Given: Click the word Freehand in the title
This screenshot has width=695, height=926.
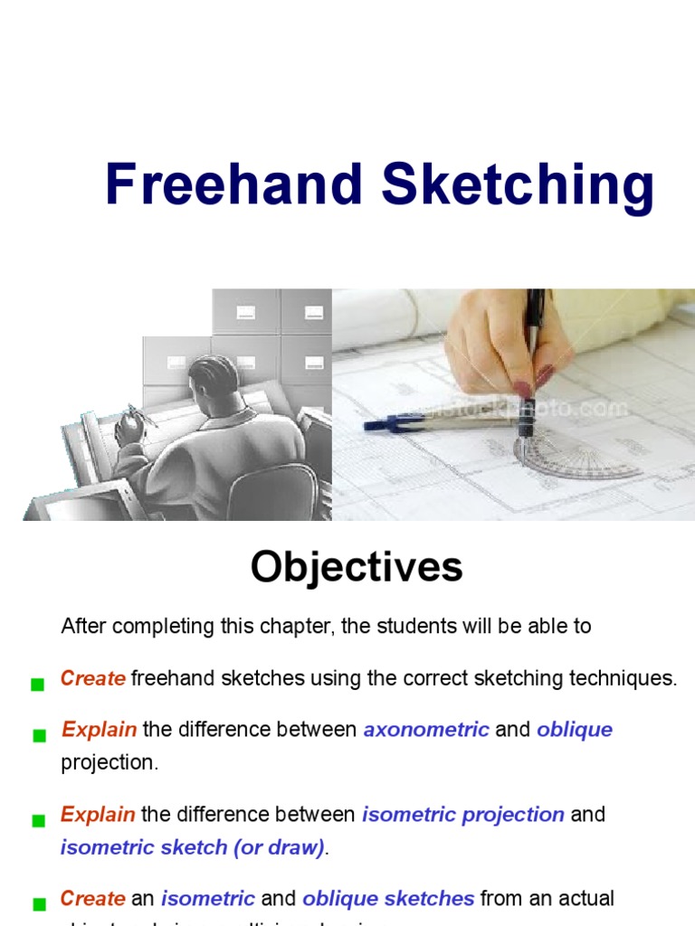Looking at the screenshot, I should point(233,184).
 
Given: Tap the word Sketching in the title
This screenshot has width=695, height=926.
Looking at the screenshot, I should point(517,186).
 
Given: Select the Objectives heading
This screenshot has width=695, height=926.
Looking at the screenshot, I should point(357,567).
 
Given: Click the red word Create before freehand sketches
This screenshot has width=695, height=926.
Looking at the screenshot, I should point(92,679).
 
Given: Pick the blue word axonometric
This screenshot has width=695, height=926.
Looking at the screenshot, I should point(426,729).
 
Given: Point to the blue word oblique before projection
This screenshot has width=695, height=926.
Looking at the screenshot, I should point(575,729).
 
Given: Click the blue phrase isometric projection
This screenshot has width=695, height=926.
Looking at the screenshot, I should point(463,814).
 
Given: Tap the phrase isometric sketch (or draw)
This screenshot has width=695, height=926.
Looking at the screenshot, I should point(193,847).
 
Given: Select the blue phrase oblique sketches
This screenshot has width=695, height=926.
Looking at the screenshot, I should point(388,899).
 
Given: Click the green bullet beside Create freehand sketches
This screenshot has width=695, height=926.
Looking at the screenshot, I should point(38,685).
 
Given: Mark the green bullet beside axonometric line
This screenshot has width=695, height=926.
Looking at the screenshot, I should point(38,735).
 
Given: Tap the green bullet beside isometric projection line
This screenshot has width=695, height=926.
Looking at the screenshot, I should point(38,820).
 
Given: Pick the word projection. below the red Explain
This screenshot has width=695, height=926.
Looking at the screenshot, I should point(109,762).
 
